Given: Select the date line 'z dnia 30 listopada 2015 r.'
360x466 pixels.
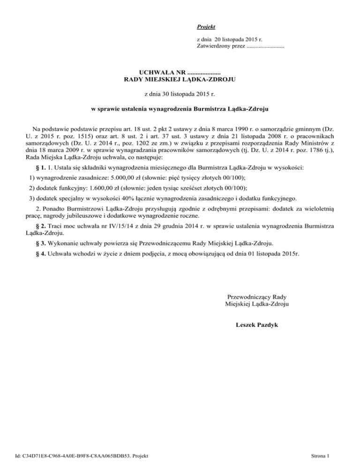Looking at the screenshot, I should pyautogui.click(x=180, y=94).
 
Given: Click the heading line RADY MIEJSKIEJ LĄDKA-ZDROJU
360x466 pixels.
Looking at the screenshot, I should pyautogui.click(x=180, y=80).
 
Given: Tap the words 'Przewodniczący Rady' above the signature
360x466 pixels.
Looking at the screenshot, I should pyautogui.click(x=256, y=297).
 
